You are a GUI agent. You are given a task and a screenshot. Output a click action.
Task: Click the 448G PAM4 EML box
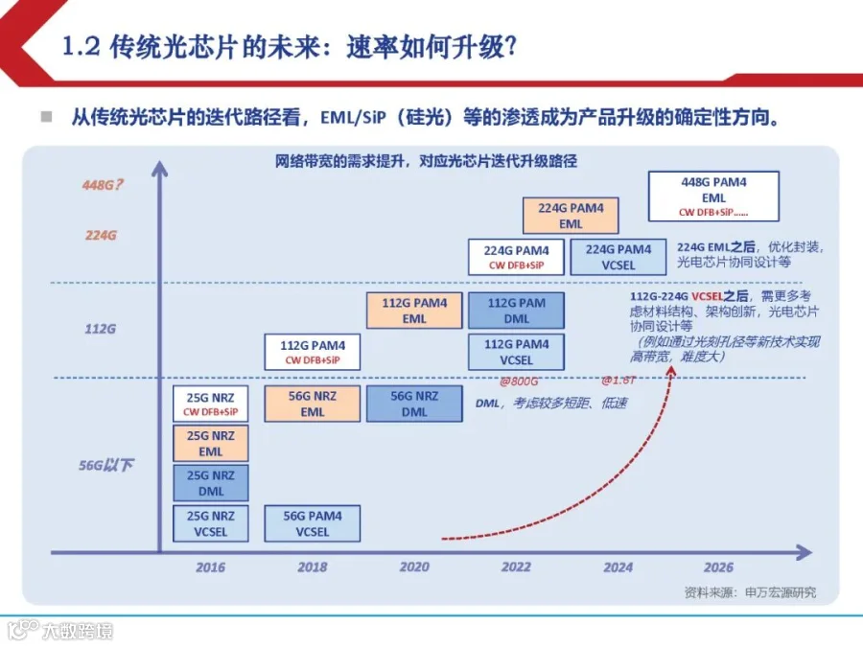713,196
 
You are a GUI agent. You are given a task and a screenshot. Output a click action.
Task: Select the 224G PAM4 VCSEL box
618,257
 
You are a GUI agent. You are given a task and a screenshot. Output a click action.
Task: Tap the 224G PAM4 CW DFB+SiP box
516,257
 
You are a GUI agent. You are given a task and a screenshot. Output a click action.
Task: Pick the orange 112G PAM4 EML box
414,311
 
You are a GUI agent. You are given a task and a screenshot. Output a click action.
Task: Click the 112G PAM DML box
516,311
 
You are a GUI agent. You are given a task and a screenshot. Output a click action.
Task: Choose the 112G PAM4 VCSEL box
516,352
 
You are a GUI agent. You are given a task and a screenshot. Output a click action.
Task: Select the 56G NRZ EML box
312,404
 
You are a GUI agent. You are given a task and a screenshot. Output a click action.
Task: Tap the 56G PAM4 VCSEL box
312,523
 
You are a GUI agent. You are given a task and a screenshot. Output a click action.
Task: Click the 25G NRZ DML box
211,483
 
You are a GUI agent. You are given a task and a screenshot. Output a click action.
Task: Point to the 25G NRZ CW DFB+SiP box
211,404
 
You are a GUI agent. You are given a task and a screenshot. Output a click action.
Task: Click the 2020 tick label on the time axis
414,567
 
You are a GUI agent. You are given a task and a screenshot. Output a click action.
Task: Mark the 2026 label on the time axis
718,567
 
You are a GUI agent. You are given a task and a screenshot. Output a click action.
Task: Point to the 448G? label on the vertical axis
103,185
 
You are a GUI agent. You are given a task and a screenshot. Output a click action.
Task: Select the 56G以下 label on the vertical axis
106,466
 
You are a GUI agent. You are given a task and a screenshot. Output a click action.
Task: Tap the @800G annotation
519,381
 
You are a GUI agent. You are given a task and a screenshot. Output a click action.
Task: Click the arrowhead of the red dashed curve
671,372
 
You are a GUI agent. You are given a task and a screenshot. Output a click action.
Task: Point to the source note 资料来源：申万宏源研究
750,592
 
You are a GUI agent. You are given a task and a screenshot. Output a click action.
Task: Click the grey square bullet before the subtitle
47,117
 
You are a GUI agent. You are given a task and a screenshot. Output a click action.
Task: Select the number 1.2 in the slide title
82,46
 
